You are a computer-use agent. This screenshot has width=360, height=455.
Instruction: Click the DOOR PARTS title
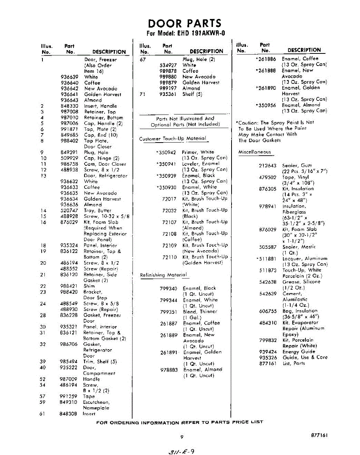tap(185, 23)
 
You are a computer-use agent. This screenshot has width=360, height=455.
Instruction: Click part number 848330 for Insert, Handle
tap(69, 106)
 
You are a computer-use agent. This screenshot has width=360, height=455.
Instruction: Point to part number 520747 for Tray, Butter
tap(69, 211)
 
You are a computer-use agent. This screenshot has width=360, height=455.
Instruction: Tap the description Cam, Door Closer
tap(105, 164)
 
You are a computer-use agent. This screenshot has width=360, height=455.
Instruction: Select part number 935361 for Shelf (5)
tap(168, 94)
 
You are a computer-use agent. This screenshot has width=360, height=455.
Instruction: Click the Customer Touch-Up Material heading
tap(173, 139)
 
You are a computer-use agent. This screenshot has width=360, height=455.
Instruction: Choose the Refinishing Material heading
tap(163, 275)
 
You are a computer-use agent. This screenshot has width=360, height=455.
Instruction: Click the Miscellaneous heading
tap(255, 152)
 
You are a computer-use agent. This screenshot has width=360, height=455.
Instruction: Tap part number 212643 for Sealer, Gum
tap(268, 166)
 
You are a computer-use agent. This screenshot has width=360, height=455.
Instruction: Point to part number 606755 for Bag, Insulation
tap(268, 311)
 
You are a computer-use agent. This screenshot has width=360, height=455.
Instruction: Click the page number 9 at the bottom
tap(182, 437)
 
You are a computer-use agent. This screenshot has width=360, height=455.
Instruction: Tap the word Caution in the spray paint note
tap(248, 123)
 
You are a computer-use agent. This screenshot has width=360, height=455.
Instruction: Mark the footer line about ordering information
tap(180, 422)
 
